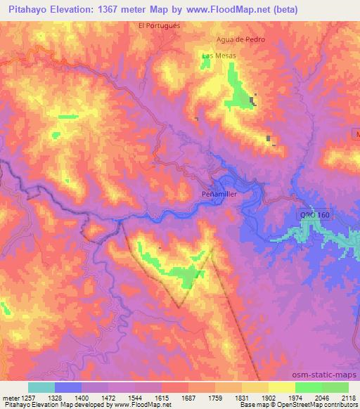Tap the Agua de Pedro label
(x=241, y=39)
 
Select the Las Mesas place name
(x=219, y=56)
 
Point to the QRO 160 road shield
(x=314, y=216)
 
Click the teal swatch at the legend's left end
(x=41, y=387)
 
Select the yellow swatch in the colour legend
(x=281, y=387)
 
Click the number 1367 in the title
(x=117, y=9)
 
